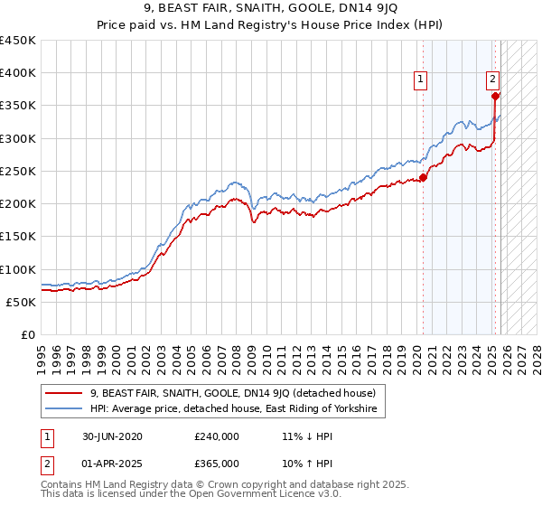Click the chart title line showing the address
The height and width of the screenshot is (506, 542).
tap(270, 12)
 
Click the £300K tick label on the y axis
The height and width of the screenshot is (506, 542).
tap(18, 138)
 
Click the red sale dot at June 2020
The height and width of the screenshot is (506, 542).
tap(424, 177)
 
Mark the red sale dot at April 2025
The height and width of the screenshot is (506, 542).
tap(495, 96)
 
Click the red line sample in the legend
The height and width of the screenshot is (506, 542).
tap(64, 393)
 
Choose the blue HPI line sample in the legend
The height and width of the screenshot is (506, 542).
tap(64, 409)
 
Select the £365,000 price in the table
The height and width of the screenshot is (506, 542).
tap(217, 463)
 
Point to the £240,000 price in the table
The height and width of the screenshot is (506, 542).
tap(217, 436)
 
